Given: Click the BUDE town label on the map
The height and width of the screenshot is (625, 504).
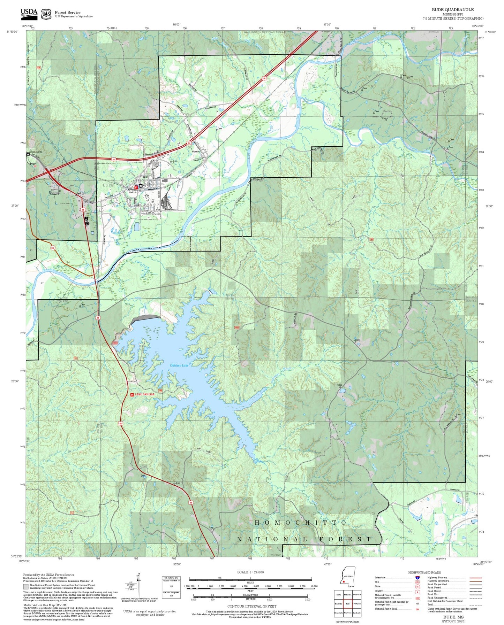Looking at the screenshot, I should pyautogui.click(x=108, y=185).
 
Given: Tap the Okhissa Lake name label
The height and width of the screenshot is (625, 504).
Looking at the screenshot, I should pyautogui.click(x=179, y=365).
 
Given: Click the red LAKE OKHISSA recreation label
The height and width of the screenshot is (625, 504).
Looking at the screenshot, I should pyautogui.click(x=144, y=394).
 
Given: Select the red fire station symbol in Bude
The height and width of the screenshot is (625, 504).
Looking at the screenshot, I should pyautogui.click(x=136, y=187).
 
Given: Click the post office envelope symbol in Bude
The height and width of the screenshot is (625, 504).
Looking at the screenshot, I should pyautogui.click(x=141, y=186).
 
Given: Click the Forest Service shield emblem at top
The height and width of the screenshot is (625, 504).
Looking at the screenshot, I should pyautogui.click(x=46, y=14).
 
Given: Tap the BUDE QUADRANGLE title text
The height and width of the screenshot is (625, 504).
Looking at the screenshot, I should pyautogui.click(x=452, y=10).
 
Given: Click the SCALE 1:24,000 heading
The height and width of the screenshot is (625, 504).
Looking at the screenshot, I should pyautogui.click(x=250, y=572).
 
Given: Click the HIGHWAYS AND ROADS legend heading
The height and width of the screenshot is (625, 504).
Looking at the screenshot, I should pyautogui.click(x=424, y=572).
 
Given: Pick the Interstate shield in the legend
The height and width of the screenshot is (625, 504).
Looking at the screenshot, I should pyautogui.click(x=417, y=577).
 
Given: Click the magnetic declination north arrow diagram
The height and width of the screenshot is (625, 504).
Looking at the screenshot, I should pyautogui.click(x=139, y=587).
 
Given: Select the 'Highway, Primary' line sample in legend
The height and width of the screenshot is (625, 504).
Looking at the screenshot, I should pyautogui.click(x=475, y=578).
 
